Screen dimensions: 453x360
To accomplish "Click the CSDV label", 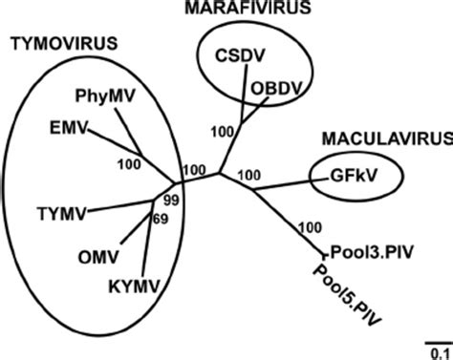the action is point(233,55).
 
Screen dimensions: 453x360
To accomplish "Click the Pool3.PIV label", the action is point(362,252).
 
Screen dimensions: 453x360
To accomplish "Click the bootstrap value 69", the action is point(162,222).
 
